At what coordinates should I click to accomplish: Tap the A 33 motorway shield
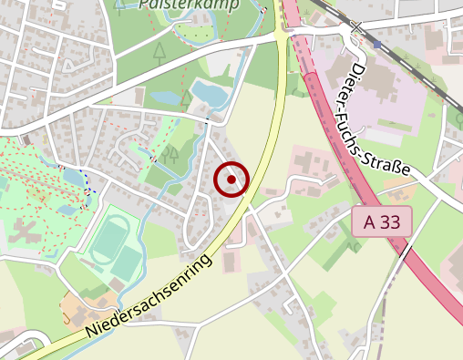[x=382, y=221]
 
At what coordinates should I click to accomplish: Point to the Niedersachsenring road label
[x=150, y=297]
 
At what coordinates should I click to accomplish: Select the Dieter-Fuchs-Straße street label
[x=382, y=118]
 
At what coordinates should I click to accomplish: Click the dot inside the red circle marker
[x=231, y=180]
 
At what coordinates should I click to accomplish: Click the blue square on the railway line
[x=376, y=43]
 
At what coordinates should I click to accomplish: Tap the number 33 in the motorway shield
[x=392, y=221]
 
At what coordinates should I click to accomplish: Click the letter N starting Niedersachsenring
[x=91, y=334]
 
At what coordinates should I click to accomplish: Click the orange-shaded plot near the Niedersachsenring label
[x=77, y=307]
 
